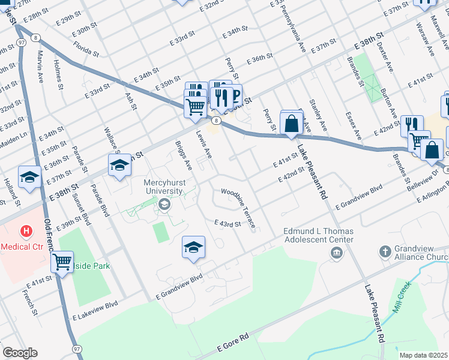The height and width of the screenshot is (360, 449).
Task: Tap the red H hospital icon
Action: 26,231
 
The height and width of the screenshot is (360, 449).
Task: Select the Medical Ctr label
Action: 21,246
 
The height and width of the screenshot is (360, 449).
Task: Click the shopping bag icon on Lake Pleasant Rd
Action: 291,124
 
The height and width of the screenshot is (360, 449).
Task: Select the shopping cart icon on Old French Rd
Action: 62,262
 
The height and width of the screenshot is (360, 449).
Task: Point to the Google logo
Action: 20,353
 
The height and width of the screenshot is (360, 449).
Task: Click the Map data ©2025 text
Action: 423,355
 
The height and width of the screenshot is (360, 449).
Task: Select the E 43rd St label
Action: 228,223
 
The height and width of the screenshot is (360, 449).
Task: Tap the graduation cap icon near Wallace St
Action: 119,165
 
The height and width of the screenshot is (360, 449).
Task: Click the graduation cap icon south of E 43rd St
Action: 194,247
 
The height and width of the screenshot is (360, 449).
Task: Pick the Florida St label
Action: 86,47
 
